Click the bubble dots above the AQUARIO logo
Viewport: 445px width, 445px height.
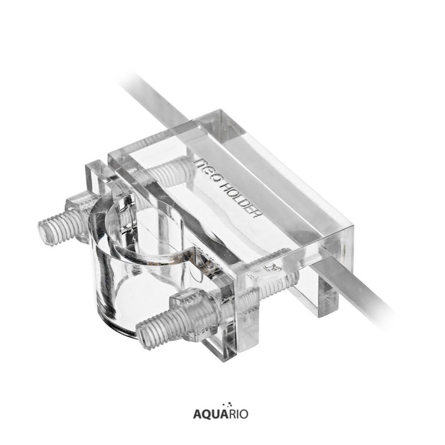coord(229,405)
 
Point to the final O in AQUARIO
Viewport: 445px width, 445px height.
coord(243,414)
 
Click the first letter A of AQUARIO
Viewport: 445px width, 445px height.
coord(198,414)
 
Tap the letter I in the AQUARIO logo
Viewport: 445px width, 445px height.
coord(236,414)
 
